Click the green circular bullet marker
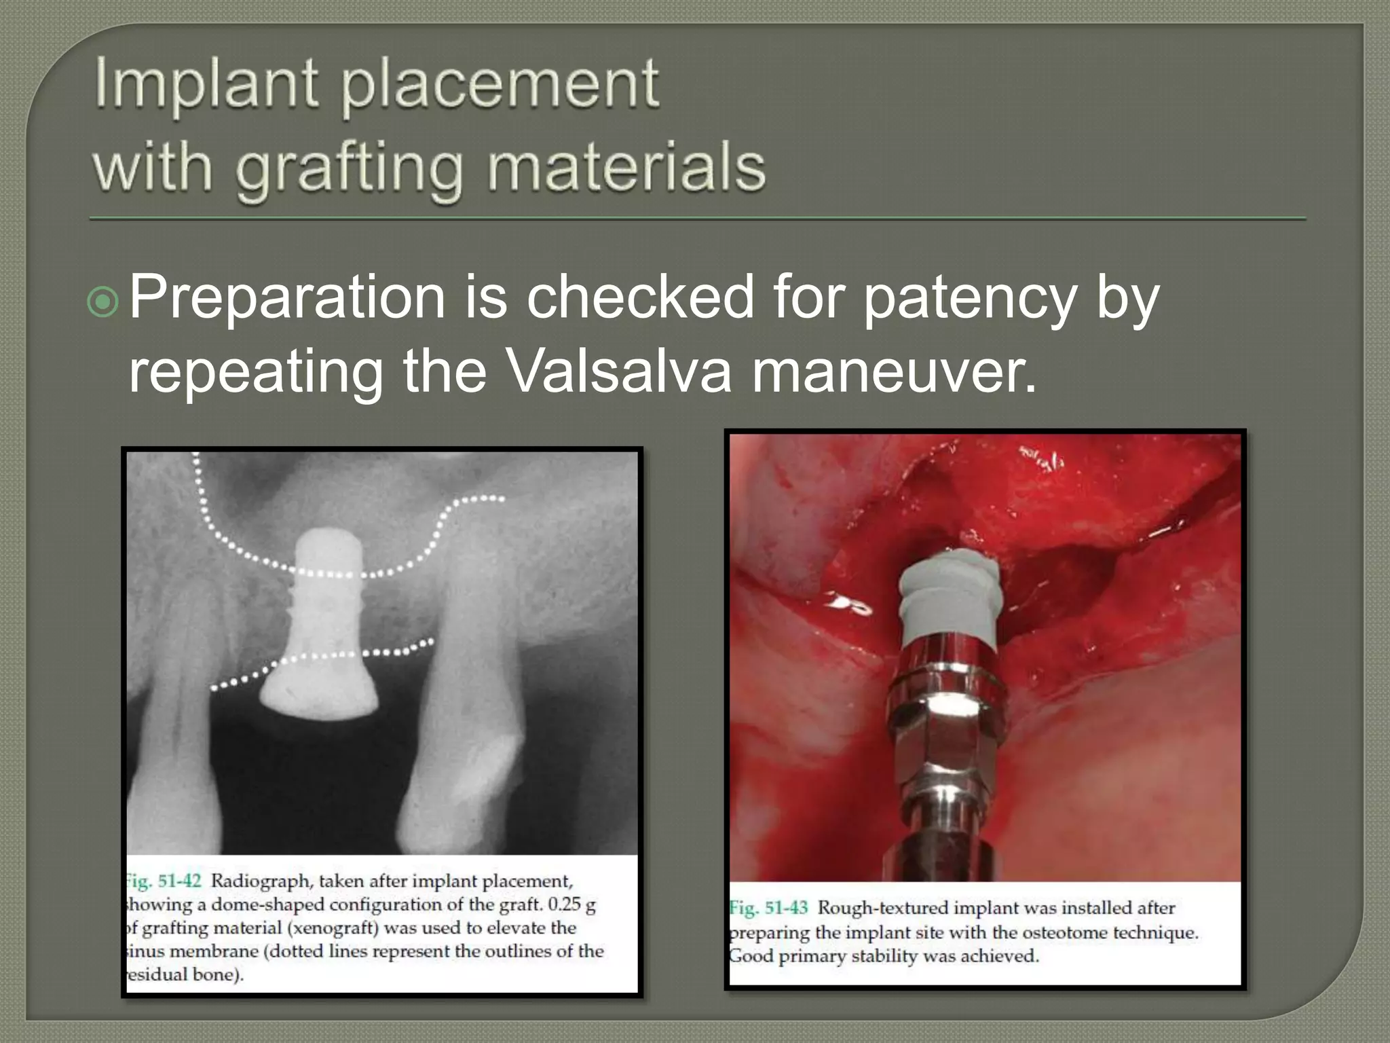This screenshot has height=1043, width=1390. pos(103,301)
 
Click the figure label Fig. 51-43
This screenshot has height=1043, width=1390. pos(769,908)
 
